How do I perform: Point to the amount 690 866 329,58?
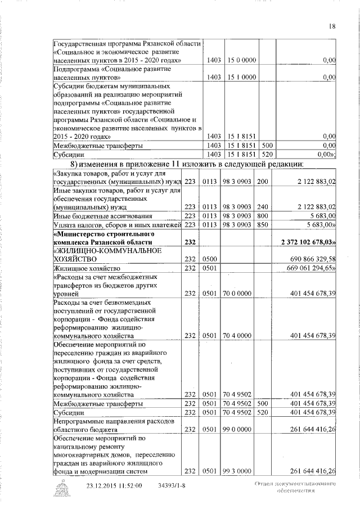(312, 259)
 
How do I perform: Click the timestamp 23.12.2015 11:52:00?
(115, 486)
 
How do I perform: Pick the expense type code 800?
(262, 215)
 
